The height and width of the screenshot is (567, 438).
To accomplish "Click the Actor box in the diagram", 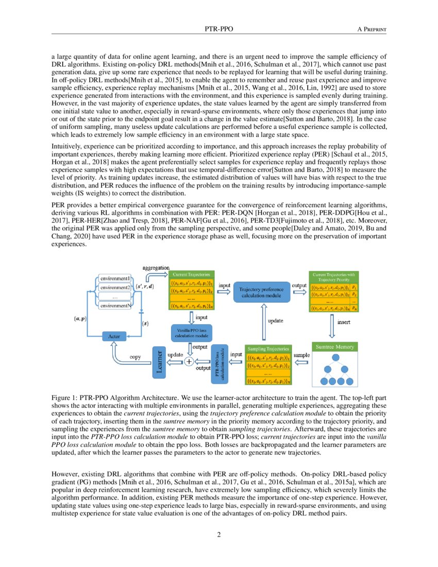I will click(x=114, y=336).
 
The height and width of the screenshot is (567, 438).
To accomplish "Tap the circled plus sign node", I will click(x=189, y=362).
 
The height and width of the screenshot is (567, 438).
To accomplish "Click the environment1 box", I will click(x=114, y=278).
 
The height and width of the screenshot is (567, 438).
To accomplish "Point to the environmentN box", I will click(x=114, y=306).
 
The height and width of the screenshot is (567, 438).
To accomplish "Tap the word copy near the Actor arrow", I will click(x=135, y=357).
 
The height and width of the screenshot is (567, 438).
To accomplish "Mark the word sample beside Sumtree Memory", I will click(x=301, y=355).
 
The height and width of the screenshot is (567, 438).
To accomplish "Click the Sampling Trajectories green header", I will click(x=268, y=349).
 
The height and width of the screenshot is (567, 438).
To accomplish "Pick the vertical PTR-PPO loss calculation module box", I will click(x=220, y=362).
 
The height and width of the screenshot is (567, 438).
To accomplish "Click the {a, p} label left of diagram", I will click(x=80, y=319).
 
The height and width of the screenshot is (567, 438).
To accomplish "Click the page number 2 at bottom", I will click(x=219, y=534).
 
